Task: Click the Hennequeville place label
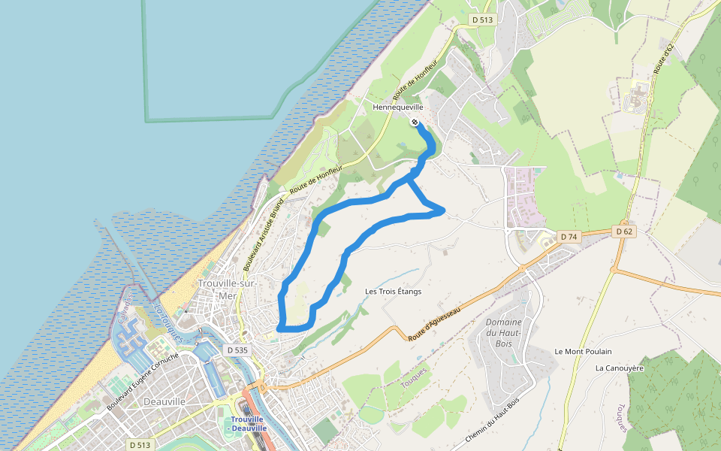tap(399, 107)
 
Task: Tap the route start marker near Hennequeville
tap(415, 122)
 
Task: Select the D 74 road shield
tap(569, 237)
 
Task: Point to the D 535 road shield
tap(236, 350)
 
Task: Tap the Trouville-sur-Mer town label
tap(228, 289)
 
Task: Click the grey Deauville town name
tap(164, 401)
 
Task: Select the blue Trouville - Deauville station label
tap(248, 423)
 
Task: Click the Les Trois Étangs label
tap(393, 291)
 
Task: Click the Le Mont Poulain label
tap(583, 351)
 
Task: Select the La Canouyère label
tap(620, 368)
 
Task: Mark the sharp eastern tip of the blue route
tap(444, 210)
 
